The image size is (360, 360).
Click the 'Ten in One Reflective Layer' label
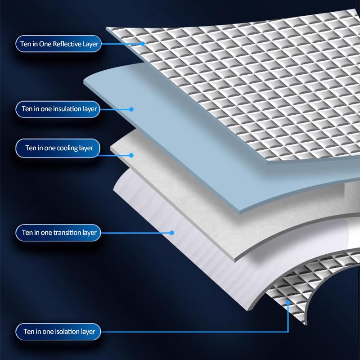[58, 44]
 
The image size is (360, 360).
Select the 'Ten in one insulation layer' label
[58, 109]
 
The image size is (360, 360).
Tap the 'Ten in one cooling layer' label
[58, 148]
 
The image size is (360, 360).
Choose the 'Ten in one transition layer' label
[58, 233]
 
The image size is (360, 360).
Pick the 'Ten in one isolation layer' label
[58, 332]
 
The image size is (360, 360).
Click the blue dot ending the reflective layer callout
[143, 44]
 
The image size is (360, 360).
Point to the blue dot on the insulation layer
[131, 109]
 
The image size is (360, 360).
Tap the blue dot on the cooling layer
[131, 155]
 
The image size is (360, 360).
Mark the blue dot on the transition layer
[172, 233]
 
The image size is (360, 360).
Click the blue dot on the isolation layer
[288, 302]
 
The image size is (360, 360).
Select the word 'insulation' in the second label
[67, 109]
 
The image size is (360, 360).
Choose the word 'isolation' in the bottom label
[67, 332]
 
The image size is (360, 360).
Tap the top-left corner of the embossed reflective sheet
[106, 27]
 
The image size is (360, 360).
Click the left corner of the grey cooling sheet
[111, 148]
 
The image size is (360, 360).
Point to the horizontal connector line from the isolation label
[195, 332]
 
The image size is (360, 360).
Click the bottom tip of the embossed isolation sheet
[305, 324]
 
